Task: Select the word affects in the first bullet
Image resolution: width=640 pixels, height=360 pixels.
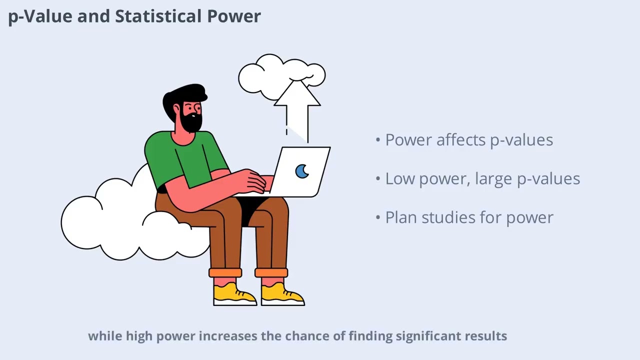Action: (x=461, y=140)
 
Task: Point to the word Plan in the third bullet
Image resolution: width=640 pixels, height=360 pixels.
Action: (x=401, y=217)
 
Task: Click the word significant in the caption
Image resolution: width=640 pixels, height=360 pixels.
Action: (x=428, y=336)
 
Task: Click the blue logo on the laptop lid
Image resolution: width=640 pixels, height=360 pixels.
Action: (x=302, y=171)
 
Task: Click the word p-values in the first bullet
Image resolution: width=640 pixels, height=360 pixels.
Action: (x=521, y=140)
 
